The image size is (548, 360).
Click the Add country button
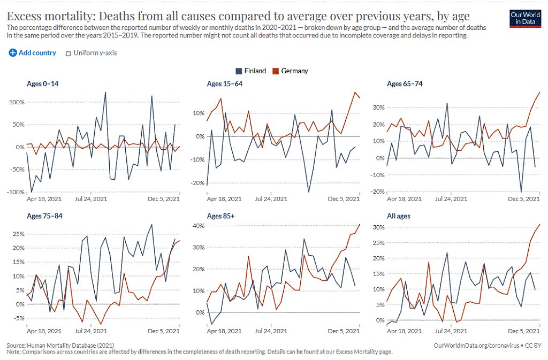(x=33, y=53)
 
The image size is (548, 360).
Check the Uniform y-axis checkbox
(x=68, y=53)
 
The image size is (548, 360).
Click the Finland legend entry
(x=250, y=71)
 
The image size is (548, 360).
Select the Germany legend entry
(x=290, y=71)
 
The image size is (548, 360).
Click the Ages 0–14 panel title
(x=43, y=83)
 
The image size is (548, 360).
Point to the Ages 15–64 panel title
(x=225, y=83)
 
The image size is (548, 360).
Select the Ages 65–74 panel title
(x=405, y=83)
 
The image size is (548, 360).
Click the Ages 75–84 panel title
(x=43, y=217)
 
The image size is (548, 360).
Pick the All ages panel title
(x=399, y=217)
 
